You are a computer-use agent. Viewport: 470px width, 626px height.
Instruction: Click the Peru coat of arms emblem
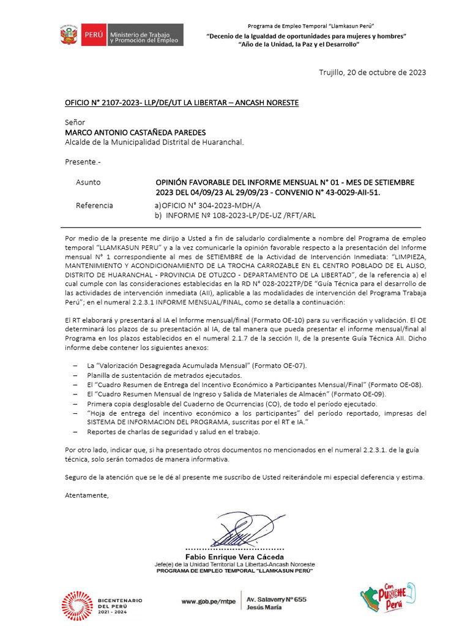tap(69, 34)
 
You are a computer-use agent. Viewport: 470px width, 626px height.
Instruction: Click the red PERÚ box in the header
tap(92, 35)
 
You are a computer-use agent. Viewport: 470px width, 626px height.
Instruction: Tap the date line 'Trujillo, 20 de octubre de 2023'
tap(372, 72)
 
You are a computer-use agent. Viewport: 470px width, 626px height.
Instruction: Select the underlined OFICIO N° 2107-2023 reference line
tap(182, 103)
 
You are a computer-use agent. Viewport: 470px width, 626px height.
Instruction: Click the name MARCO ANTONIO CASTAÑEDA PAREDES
tap(135, 132)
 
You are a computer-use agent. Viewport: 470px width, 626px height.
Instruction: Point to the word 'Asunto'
tap(88, 182)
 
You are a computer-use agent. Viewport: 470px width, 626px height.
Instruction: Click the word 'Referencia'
tap(94, 205)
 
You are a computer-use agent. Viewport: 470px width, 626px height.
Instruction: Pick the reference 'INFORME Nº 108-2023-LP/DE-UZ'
tap(239, 215)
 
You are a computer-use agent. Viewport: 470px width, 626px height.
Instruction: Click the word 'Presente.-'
tap(83, 162)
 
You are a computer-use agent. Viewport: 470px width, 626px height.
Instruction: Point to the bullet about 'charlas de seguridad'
tap(173, 432)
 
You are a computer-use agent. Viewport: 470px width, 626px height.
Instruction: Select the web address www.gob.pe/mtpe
tap(207, 601)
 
